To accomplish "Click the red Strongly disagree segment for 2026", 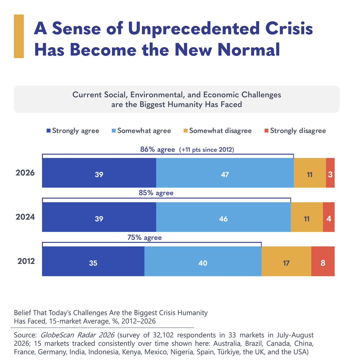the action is coord(330,172).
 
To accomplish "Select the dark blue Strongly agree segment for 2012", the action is coord(93,261).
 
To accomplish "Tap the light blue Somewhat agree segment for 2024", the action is coord(223,217).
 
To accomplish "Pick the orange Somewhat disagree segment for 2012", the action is coord(286,261).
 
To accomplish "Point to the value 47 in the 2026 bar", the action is coord(225,175).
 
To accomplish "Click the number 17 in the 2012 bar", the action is coord(286,263).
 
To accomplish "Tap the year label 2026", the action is coord(25,173).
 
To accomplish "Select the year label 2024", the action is coord(25,217).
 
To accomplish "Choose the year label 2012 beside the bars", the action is coord(26,261).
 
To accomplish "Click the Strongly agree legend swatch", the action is coord(49,131).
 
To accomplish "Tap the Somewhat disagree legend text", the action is coord(220,131).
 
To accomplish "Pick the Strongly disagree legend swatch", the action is coord(267,131).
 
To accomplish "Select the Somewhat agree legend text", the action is coord(144,131).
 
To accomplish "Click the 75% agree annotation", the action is coord(145,238).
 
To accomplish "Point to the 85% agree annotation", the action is coord(156,193).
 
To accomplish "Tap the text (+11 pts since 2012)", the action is coord(207,150).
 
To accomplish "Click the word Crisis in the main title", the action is coord(289,28).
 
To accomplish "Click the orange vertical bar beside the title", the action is coord(19,36).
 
